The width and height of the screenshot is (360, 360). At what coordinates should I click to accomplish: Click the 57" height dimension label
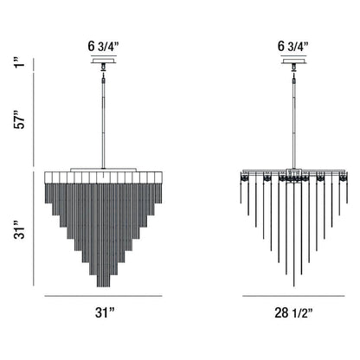(x=21, y=119)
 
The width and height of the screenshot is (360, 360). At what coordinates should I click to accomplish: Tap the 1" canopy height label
(x=21, y=63)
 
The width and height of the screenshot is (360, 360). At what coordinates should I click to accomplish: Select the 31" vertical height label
(x=21, y=229)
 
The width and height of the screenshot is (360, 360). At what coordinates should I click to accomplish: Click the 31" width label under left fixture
(x=105, y=312)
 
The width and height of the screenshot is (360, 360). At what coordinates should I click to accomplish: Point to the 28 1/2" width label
(x=293, y=312)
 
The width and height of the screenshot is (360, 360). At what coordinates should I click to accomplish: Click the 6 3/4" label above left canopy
(x=104, y=47)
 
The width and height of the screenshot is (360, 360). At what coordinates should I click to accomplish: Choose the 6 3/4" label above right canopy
(x=293, y=47)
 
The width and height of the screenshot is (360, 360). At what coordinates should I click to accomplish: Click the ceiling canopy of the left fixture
(x=104, y=61)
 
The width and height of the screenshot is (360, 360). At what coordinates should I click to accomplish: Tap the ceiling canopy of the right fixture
(x=293, y=61)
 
